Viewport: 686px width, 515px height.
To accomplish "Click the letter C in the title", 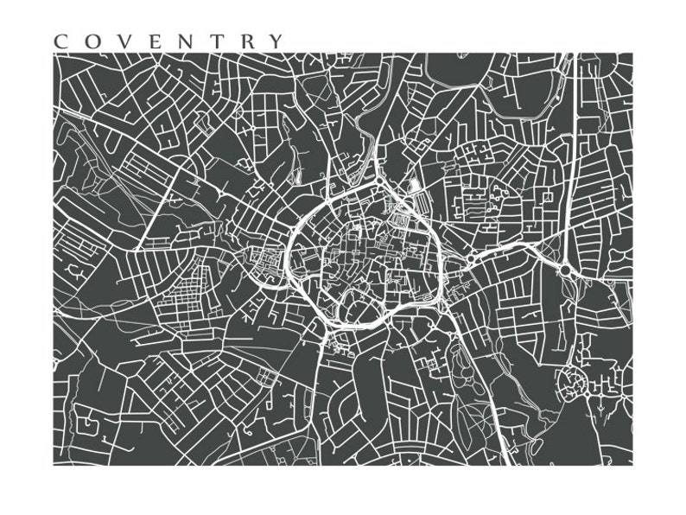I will click(60, 41).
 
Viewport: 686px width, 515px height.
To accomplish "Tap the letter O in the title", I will click(91, 41).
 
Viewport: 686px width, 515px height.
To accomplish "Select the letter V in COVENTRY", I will click(121, 41).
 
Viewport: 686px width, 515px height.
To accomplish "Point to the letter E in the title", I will click(150, 41).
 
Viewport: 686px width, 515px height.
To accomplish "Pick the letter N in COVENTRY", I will click(181, 41).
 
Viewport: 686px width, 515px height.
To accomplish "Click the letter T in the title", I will click(212, 41).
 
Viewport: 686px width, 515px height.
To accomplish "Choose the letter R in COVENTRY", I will click(243, 41).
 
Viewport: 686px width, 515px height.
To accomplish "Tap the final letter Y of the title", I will click(274, 41).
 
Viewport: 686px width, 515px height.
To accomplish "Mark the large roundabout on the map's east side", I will click(565, 270).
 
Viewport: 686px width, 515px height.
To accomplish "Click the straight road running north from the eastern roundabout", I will click(571, 156).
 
